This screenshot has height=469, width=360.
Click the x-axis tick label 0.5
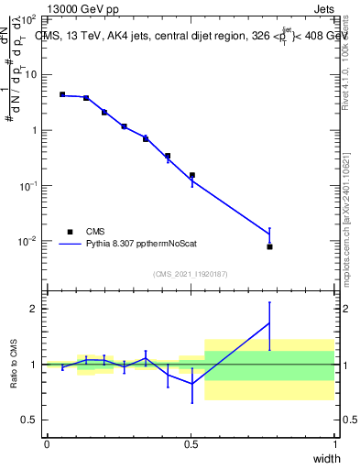pos(190,444)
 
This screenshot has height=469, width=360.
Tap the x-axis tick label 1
pos(334,444)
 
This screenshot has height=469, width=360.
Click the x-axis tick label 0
pos(47,444)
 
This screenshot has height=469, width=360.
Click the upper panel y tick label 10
pos(29,74)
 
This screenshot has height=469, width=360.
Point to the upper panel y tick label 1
pos(33,130)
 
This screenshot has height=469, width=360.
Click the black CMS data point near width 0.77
pos(269,246)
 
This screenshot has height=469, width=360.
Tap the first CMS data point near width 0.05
pos(62,94)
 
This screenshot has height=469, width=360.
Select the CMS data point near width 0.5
pos(191,175)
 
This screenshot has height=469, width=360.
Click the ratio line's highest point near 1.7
pos(269,322)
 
